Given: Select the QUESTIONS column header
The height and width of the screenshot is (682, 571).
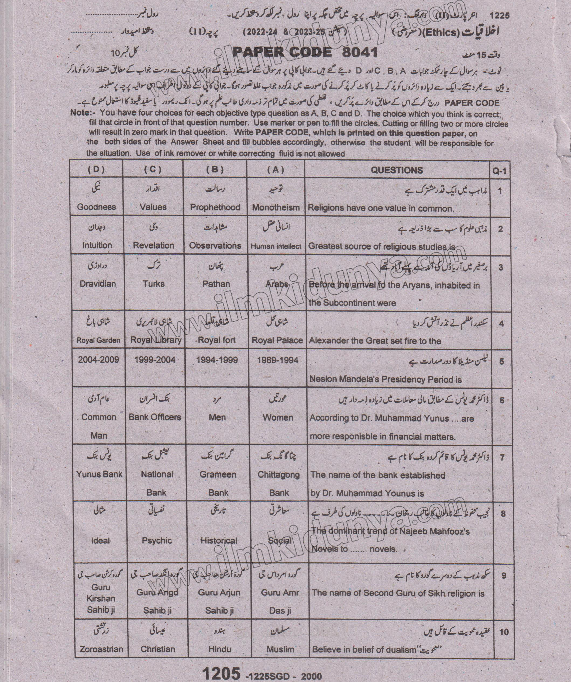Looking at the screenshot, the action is (397, 170).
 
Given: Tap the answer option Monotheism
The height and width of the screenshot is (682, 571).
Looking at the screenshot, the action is (276, 207).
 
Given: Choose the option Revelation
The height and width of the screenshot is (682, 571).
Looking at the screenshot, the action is (153, 245).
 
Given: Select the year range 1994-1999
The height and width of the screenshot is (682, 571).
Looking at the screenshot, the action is (217, 360).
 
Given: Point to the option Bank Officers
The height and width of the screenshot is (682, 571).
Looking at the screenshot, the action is (155, 417).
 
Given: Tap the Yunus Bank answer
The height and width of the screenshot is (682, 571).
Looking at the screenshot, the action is (99, 474).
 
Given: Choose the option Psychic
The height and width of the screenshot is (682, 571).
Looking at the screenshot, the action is (157, 541).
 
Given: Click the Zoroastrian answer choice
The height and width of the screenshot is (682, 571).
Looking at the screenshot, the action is (101, 649).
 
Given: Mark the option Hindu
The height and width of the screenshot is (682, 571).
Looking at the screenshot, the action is (219, 649).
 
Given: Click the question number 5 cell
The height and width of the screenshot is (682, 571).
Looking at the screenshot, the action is (501, 361).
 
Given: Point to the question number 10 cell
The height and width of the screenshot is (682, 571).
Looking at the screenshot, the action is (503, 632).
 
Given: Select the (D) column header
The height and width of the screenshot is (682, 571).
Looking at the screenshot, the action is (96, 169).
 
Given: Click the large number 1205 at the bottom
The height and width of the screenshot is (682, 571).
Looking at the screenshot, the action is (221, 674).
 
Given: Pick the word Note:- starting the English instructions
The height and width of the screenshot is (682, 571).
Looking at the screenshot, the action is (82, 113).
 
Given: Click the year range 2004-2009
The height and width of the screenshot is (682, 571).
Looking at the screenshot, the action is (98, 359).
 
